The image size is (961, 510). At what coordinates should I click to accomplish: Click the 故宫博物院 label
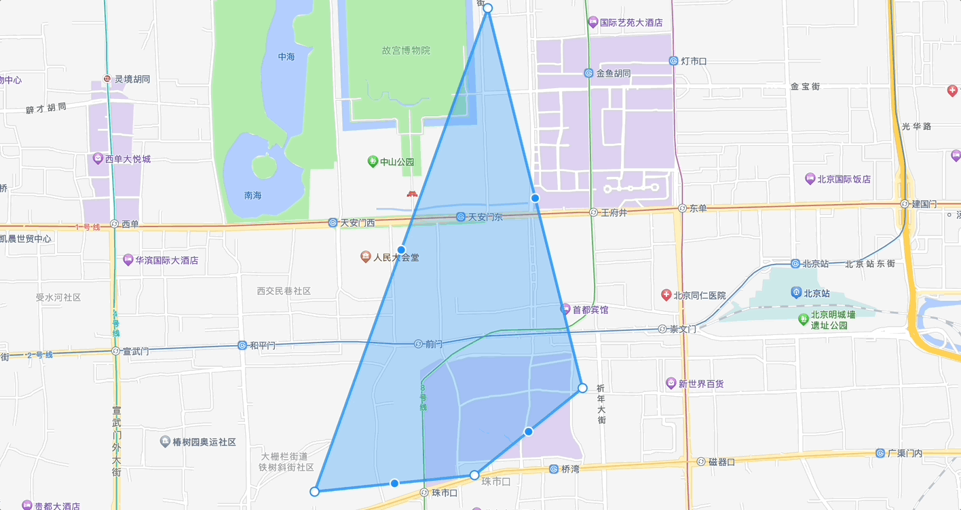[x=406, y=50]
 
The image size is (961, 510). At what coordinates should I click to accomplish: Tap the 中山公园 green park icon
[x=372, y=161]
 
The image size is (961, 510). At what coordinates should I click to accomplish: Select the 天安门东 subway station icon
[x=461, y=217]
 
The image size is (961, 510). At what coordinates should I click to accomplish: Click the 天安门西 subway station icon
[x=333, y=222]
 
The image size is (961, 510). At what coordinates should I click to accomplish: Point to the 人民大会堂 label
[x=396, y=258]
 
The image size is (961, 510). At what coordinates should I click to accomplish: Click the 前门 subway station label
[x=434, y=345]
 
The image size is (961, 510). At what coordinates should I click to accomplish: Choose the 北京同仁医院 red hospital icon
[x=666, y=295]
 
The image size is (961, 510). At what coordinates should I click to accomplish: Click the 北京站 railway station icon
[x=796, y=293]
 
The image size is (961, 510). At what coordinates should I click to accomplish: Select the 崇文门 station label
[x=683, y=329]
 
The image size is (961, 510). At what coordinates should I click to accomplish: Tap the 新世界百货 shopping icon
[x=671, y=384]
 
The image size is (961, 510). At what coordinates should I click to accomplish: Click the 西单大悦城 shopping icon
[x=98, y=159]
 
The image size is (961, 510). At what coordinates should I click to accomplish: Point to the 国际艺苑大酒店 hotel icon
[x=593, y=22]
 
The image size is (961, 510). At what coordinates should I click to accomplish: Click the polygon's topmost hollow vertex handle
[x=487, y=8]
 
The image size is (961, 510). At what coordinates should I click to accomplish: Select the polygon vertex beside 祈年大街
[x=582, y=388]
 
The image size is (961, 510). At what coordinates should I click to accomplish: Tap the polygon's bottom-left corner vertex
[x=314, y=491]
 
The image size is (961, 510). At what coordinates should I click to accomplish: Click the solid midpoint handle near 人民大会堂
[x=401, y=250]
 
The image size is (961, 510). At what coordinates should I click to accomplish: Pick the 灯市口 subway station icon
[x=673, y=61]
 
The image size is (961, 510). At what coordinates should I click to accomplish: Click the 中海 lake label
[x=286, y=57]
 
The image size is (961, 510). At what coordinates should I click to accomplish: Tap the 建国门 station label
[x=924, y=203]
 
